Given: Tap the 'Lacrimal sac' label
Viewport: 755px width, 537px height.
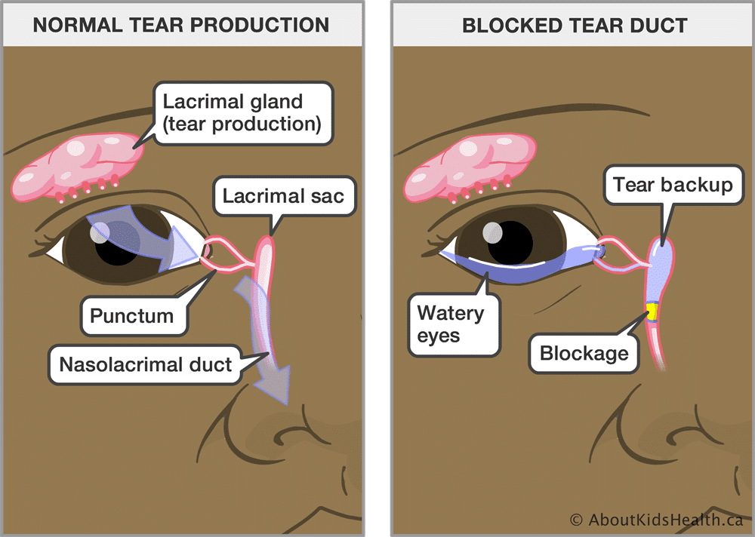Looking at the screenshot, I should [283, 197].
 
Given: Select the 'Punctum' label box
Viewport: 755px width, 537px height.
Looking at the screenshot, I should [134, 315].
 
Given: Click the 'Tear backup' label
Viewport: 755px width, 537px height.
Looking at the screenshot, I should [672, 185].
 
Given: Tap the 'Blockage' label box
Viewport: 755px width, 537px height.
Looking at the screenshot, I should [584, 352].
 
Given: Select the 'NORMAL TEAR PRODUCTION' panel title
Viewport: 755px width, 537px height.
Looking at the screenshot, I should [181, 25].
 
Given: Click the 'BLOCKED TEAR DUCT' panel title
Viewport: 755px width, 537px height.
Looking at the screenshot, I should [575, 25].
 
